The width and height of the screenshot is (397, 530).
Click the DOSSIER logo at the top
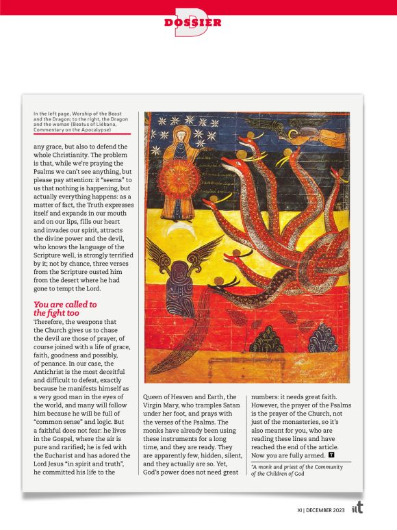[x=193, y=23]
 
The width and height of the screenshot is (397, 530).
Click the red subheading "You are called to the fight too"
[x=65, y=309]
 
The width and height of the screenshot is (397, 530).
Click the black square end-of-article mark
[x=332, y=453]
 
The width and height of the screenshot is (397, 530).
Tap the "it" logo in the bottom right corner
[x=357, y=509]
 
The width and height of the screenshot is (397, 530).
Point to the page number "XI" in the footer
[x=300, y=509]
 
